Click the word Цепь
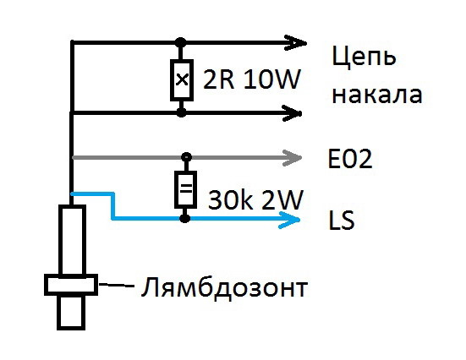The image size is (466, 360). coord(364,57)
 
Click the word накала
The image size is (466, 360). coord(377,95)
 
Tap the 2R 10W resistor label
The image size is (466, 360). coord(252,79)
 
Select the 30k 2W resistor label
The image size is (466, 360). coord(255,199)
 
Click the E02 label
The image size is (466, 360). coord(350,159)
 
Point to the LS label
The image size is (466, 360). coord(342,220)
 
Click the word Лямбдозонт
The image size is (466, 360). coord(224,287)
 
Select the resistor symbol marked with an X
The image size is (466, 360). coord(182,80)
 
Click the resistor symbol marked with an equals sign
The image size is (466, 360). coord(185,189)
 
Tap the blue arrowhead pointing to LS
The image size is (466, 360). coord(289,220)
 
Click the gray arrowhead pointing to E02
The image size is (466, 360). coord(292,158)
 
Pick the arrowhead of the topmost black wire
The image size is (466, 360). coord(295,43)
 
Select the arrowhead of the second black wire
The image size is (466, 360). coord(293,113)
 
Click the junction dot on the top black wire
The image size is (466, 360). coord(180,43)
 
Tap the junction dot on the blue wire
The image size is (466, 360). coord(185,219)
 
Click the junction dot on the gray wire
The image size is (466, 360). coord(186,156)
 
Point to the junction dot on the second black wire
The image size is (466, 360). coord(181,112)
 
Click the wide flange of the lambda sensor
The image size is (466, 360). coord(71,285)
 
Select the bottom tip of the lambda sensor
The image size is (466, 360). coord(71,329)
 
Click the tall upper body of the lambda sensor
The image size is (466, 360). coord(72,240)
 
